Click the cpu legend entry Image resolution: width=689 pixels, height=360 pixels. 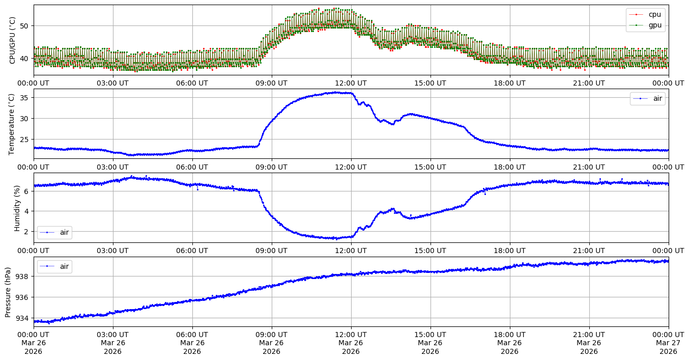654,14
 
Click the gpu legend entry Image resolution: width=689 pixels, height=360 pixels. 654,25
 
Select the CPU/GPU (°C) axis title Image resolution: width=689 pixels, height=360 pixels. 12,40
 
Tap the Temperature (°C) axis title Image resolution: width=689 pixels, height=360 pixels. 12,124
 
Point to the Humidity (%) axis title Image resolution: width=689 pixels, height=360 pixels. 17,208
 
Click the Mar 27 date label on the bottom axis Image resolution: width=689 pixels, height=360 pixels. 669,343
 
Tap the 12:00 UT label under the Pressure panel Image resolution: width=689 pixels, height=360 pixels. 351,335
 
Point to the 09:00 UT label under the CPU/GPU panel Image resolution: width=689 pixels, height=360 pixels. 271,83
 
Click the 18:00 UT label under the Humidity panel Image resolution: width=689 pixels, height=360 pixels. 509,251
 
